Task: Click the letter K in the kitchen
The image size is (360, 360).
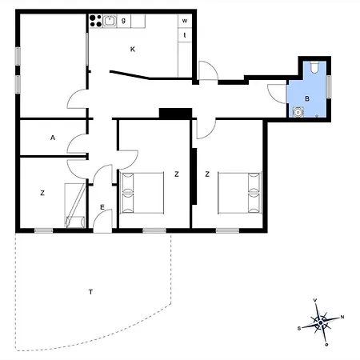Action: pyautogui.click(x=133, y=49)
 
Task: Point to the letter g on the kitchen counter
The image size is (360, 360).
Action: pyautogui.click(x=123, y=20)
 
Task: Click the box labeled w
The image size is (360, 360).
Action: pyautogui.click(x=185, y=20)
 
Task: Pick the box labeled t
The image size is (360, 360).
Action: pyautogui.click(x=185, y=35)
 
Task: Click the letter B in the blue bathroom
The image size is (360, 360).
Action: pyautogui.click(x=306, y=98)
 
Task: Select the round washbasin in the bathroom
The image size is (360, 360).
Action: pyautogui.click(x=298, y=113)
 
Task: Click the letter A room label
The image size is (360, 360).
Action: pyautogui.click(x=53, y=138)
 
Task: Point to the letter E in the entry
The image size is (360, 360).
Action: pyautogui.click(x=102, y=207)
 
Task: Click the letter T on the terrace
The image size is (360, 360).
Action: pyautogui.click(x=90, y=292)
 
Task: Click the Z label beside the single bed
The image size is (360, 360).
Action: pyautogui.click(x=42, y=192)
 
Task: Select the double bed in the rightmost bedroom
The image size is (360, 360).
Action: pyautogui.click(x=239, y=192)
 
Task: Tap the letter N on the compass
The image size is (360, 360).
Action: pyautogui.click(x=342, y=318)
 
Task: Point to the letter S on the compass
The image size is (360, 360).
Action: pyautogui.click(x=299, y=328)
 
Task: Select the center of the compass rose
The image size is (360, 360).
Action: pyautogui.click(x=321, y=322)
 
